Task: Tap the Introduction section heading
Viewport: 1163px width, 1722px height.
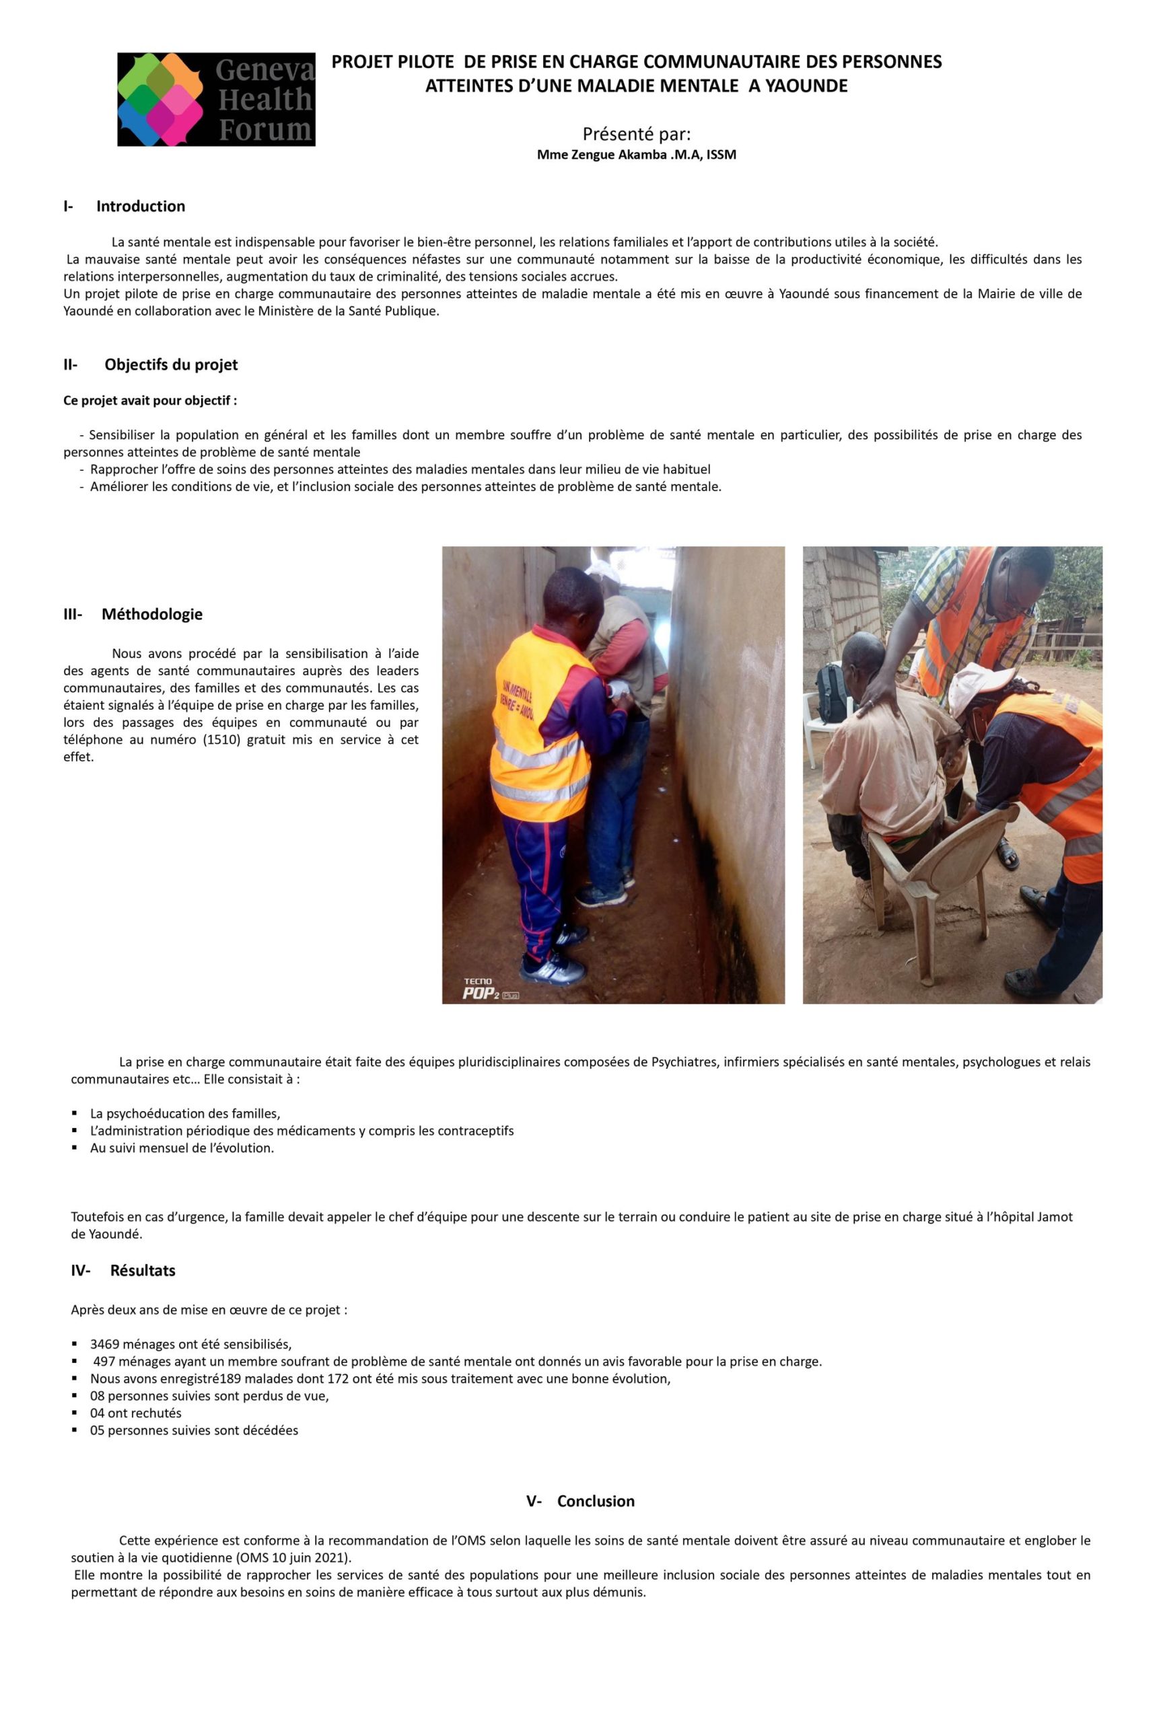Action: tap(140, 206)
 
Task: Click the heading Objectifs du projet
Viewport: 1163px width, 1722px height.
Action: tap(170, 364)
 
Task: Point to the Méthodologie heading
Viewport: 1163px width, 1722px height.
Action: tap(151, 613)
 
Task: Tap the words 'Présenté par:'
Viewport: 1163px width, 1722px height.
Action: tap(636, 134)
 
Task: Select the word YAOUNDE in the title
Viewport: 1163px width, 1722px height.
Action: tap(806, 86)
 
